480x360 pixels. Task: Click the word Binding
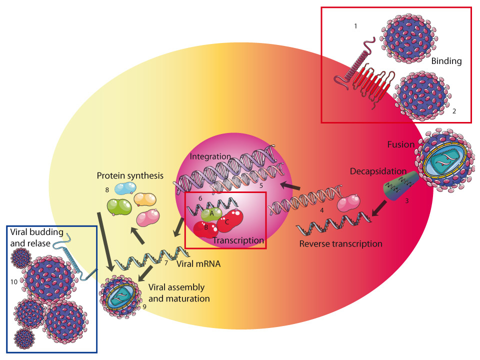click(446, 62)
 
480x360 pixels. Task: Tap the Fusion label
click(401, 144)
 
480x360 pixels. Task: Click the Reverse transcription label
click(340, 244)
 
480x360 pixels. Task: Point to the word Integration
click(210, 156)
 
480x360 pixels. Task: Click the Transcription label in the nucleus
click(238, 240)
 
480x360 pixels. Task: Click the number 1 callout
click(355, 26)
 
